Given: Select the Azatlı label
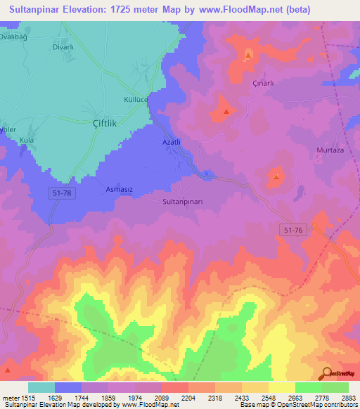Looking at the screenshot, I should (x=172, y=142).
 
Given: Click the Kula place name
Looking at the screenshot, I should (x=27, y=141).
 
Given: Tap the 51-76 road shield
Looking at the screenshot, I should (x=295, y=230).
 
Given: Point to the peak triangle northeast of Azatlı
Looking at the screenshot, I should (x=226, y=111).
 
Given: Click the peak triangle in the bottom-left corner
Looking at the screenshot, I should (x=8, y=369).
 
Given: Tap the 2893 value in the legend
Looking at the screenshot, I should (x=348, y=397).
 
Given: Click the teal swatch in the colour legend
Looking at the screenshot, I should (x=41, y=387).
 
